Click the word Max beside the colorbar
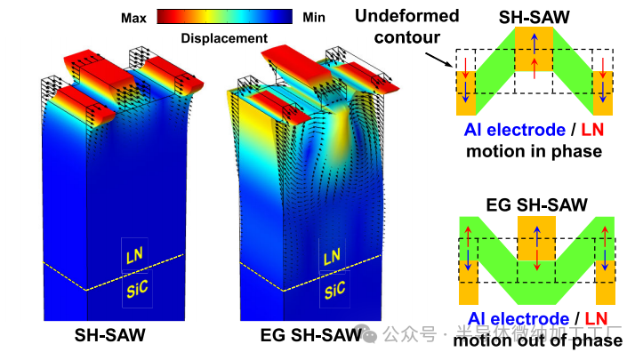tap(134, 16)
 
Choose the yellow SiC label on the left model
tap(137, 289)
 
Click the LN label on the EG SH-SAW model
tap(332, 258)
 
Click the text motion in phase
tap(534, 151)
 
